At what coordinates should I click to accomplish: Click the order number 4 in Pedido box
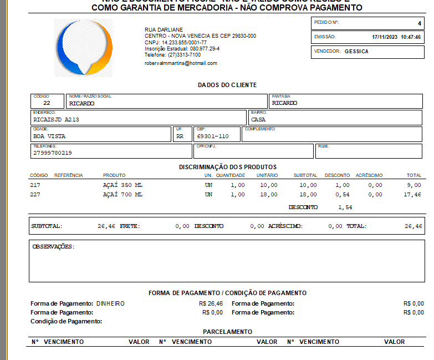[x=419, y=23]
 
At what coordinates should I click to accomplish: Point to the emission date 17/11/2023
[x=384, y=37]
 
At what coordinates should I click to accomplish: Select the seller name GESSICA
[x=356, y=52]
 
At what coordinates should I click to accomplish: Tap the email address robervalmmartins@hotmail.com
[x=181, y=63]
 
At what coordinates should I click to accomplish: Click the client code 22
[x=47, y=103]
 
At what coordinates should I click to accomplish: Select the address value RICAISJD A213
[x=56, y=119]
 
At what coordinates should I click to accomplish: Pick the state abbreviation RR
[x=180, y=136]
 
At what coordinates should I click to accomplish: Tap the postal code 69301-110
[x=213, y=136]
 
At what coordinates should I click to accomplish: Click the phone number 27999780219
[x=53, y=153]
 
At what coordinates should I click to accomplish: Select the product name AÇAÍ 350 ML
[x=122, y=185]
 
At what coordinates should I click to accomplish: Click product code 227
[x=35, y=195]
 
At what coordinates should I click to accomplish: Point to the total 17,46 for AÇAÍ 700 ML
[x=413, y=195]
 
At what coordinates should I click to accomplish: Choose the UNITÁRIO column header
[x=267, y=175]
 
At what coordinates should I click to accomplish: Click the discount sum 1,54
[x=345, y=207]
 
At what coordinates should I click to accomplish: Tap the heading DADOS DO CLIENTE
[x=227, y=85]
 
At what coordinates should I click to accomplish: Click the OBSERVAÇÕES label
[x=53, y=246]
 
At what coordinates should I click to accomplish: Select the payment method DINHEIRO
[x=110, y=303]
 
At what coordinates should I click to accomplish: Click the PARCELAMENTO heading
[x=227, y=332]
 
